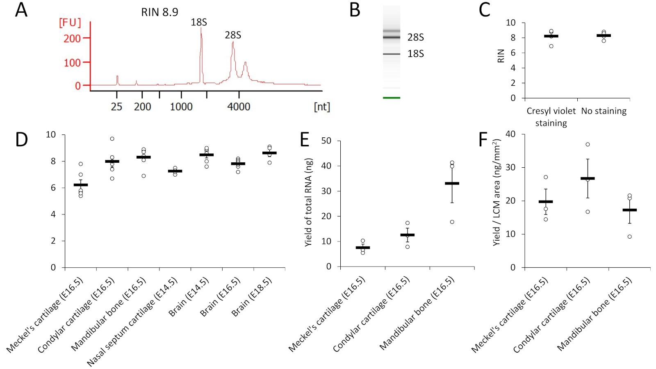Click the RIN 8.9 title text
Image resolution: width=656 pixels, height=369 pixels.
(x=159, y=12)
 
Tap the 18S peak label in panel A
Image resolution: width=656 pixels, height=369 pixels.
(x=199, y=23)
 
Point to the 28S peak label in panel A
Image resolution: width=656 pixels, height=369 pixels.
(x=233, y=35)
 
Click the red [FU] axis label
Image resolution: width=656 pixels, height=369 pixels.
(x=70, y=23)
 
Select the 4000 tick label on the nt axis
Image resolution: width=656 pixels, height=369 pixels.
(x=239, y=107)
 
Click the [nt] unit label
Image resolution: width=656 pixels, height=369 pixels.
(x=322, y=107)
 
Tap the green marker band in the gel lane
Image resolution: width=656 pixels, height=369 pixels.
(x=392, y=98)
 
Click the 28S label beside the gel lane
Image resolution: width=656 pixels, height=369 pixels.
(x=415, y=37)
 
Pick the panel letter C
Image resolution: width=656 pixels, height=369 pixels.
(x=485, y=10)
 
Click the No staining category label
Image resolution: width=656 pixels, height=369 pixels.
(x=604, y=111)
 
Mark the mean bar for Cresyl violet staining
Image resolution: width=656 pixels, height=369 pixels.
(x=551, y=36)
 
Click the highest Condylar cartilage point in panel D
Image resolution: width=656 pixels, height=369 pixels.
(x=112, y=139)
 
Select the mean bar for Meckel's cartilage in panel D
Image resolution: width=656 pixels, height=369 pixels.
(x=81, y=185)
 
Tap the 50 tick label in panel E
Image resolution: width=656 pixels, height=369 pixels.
(x=326, y=141)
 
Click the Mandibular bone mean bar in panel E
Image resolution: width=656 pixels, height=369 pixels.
(x=452, y=183)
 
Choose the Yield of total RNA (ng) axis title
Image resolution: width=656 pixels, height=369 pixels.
(x=308, y=202)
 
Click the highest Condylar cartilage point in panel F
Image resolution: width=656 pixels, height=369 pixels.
(x=588, y=144)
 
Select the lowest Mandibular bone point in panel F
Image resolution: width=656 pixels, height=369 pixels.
(x=629, y=237)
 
